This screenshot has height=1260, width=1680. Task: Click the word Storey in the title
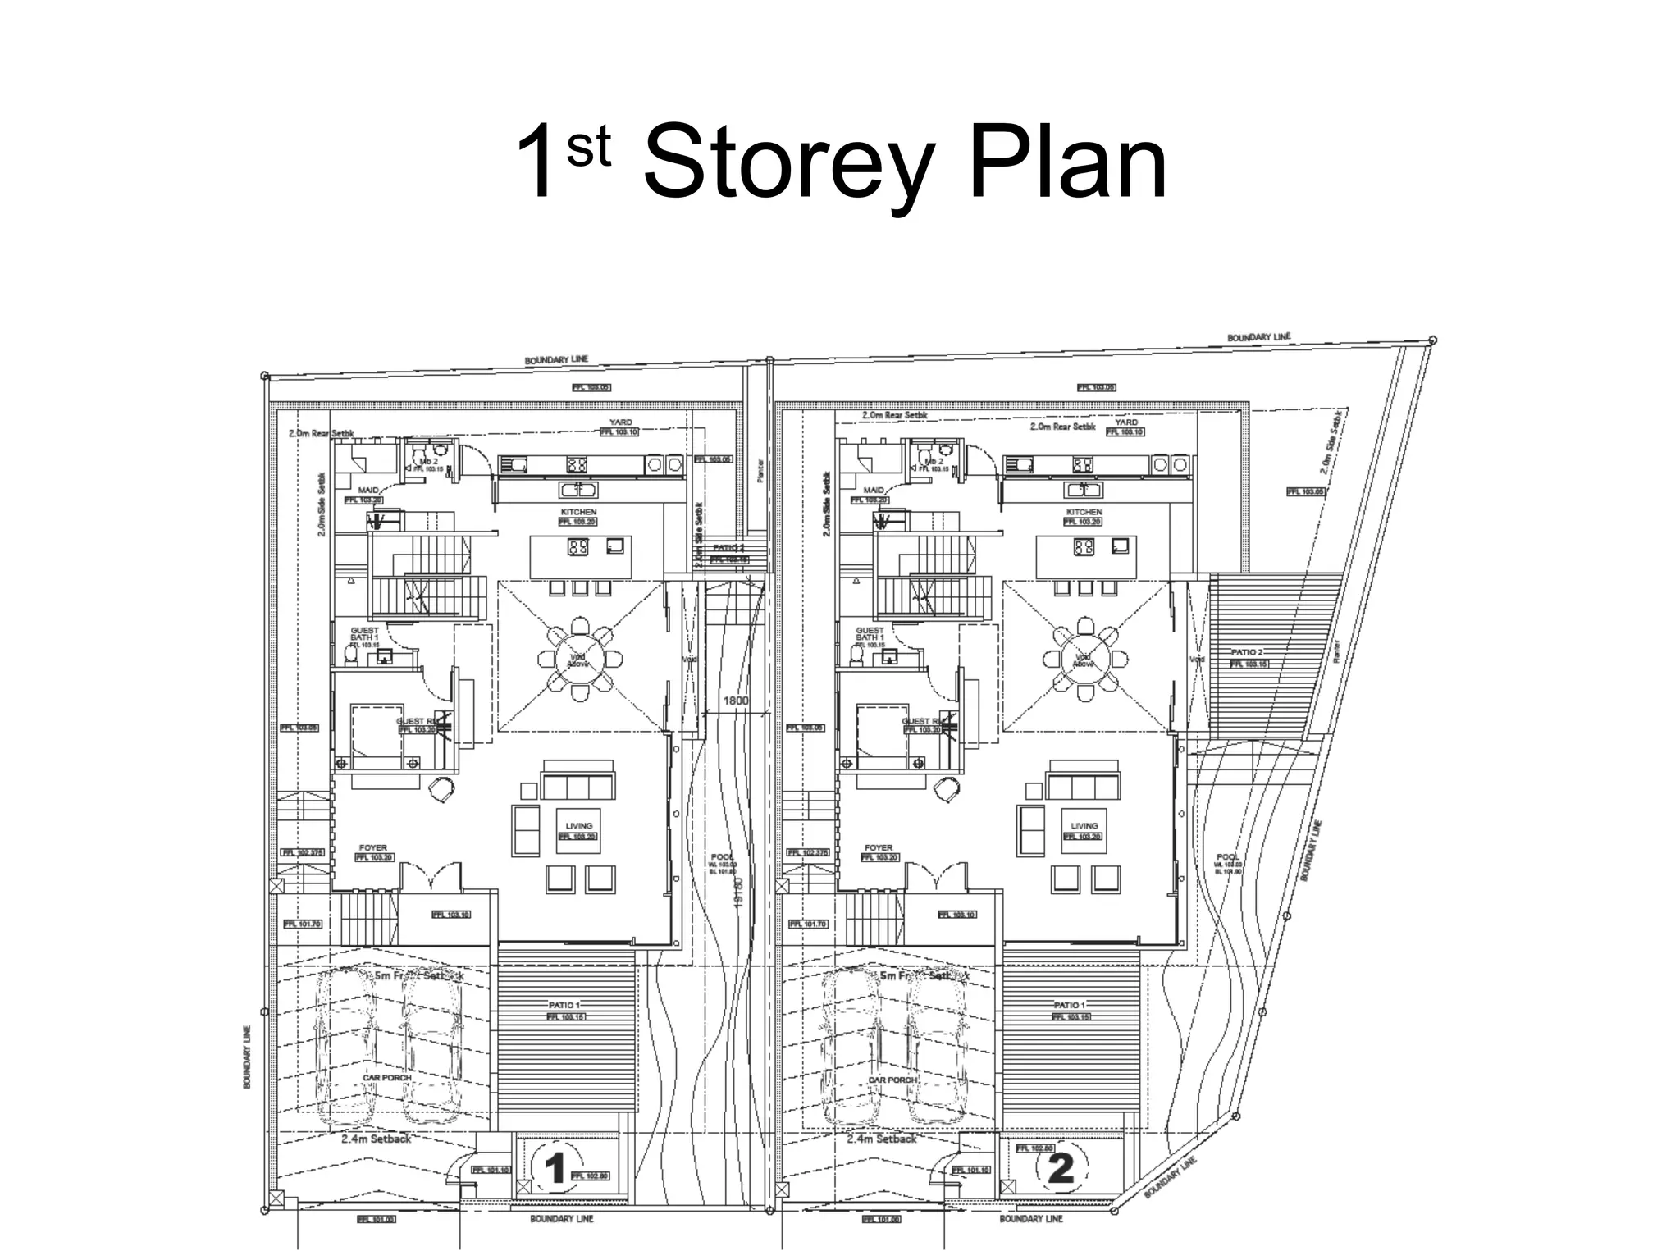click(787, 164)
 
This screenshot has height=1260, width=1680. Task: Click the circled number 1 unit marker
click(555, 1167)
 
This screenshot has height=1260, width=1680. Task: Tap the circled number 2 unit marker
click(1061, 1167)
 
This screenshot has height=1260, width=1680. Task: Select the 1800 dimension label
click(735, 701)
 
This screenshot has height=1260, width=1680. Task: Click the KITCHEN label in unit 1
click(578, 511)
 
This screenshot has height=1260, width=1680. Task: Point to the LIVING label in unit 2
click(1084, 825)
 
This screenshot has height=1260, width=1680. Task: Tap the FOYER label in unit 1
click(372, 847)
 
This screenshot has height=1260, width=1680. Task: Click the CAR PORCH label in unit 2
click(892, 1080)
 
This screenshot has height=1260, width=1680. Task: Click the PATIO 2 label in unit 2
click(1247, 651)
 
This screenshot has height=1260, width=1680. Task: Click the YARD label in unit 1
click(620, 422)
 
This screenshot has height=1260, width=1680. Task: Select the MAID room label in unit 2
click(874, 490)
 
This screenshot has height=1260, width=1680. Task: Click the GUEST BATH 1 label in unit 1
click(364, 634)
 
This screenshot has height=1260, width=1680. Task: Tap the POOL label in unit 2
click(1228, 856)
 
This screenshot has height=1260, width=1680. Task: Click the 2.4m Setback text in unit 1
click(376, 1139)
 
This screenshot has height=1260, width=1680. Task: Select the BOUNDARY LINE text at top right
click(1258, 337)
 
